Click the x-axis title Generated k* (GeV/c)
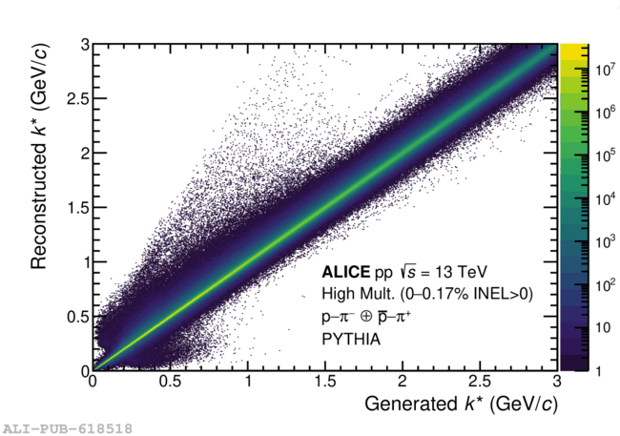(x=457, y=405)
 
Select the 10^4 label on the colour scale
(x=604, y=198)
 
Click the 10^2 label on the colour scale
(x=604, y=284)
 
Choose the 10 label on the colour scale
(x=602, y=328)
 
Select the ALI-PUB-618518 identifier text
(x=67, y=427)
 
